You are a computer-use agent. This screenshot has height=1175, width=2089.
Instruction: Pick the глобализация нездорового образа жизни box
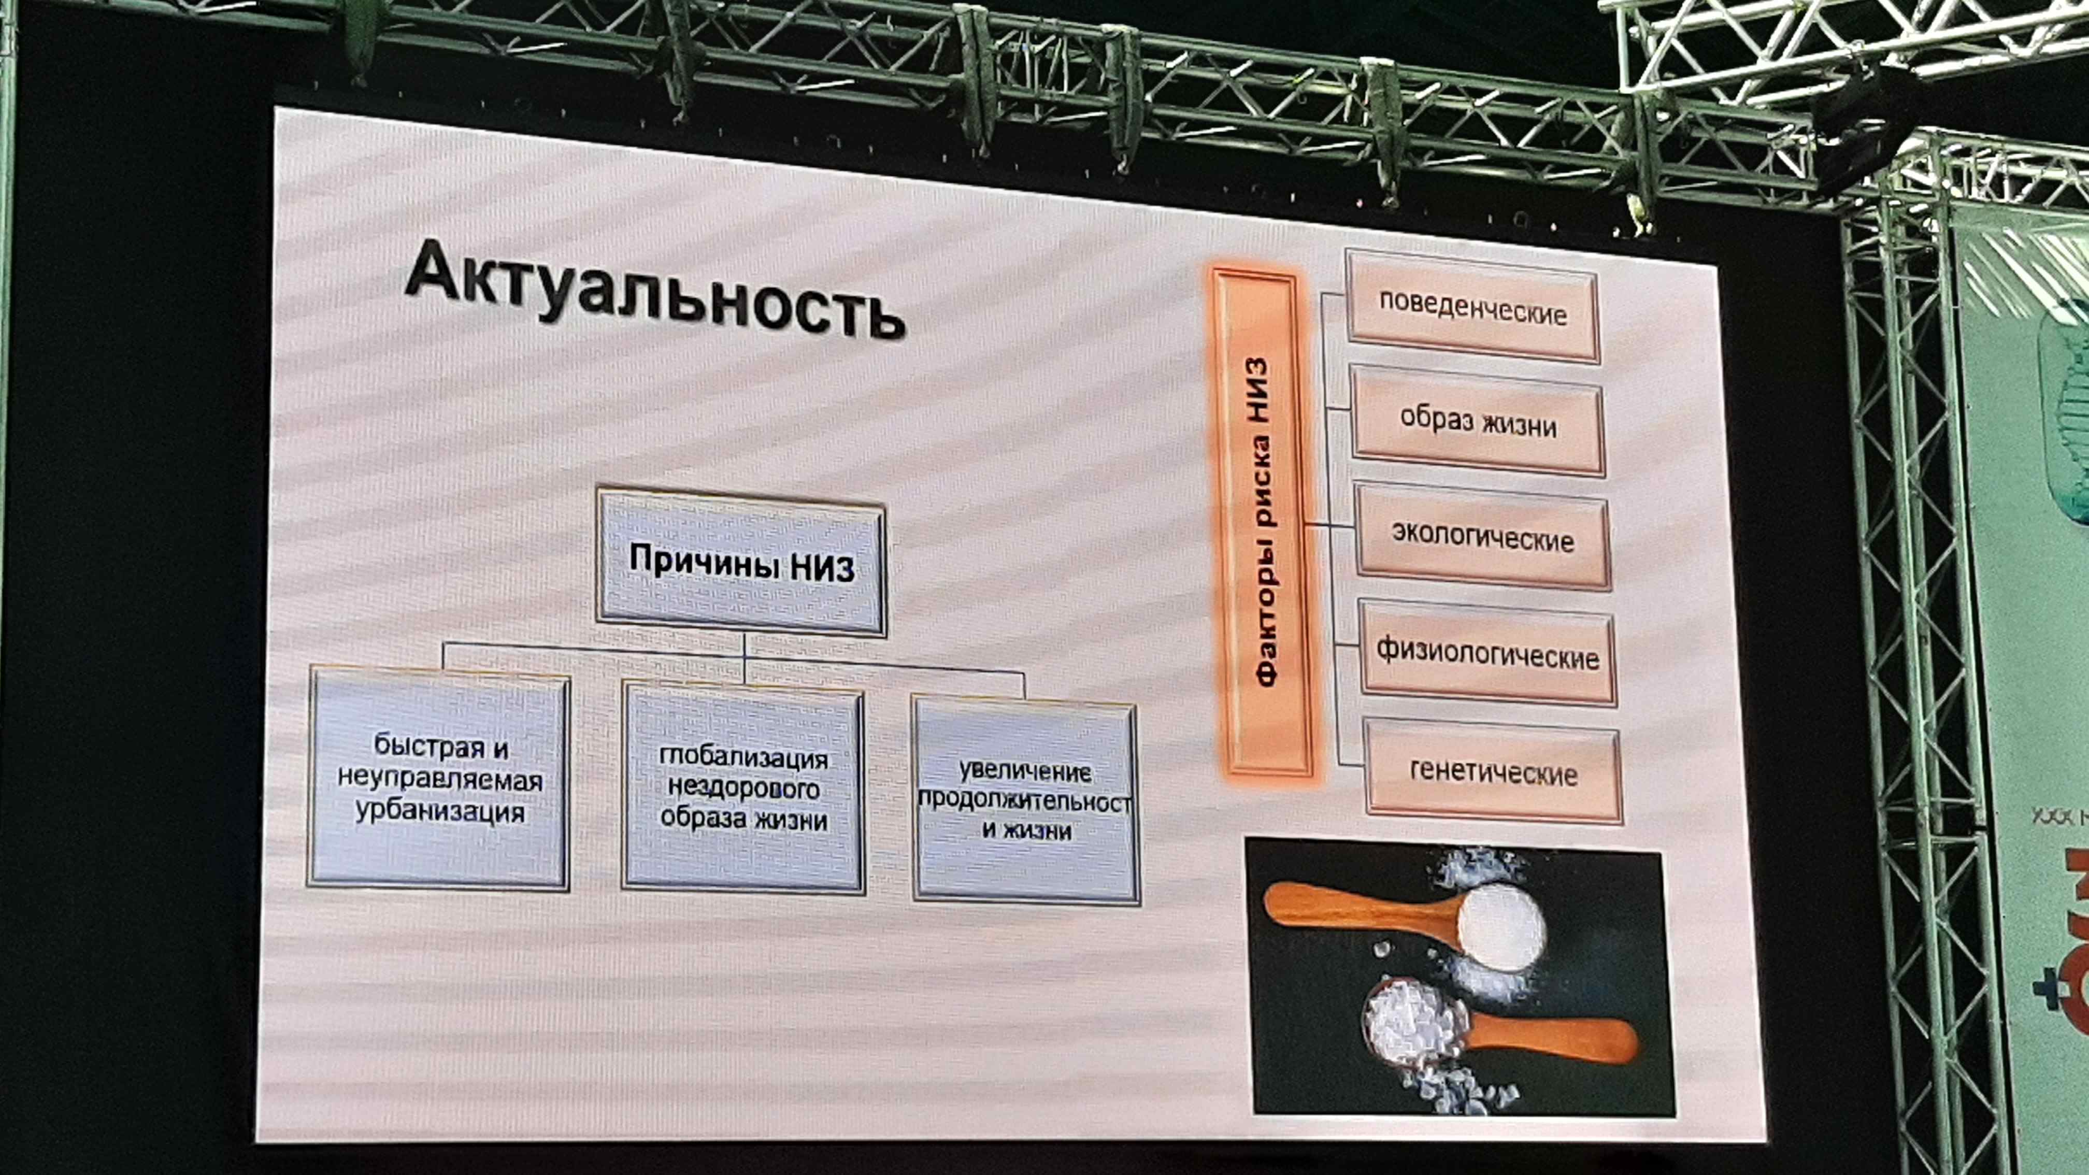[x=743, y=788]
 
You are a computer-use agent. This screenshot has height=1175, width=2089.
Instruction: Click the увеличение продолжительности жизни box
[x=1026, y=801]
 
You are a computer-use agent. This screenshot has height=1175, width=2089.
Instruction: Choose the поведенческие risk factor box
[x=1472, y=308]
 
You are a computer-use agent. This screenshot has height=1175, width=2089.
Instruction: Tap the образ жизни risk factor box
[x=1478, y=422]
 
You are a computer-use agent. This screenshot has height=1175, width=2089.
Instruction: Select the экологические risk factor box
[x=1482, y=537]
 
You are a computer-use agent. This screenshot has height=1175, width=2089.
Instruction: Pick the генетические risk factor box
[x=1494, y=771]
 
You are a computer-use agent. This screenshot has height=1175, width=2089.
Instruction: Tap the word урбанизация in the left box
[x=439, y=812]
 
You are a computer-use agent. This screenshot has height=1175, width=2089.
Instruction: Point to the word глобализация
[x=743, y=757]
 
